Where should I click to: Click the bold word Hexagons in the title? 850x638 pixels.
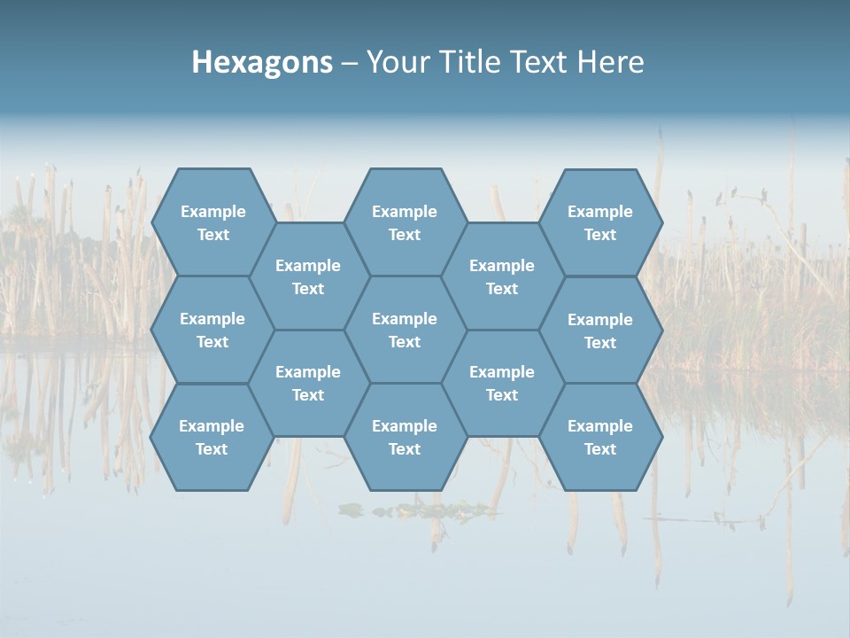262,62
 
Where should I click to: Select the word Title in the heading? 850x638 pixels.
470,62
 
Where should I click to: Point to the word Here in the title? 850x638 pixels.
610,62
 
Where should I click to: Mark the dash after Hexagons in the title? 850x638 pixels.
350,63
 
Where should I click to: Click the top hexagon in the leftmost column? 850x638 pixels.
212,222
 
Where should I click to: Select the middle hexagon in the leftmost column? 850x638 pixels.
212,330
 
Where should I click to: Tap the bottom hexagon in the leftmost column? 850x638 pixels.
212,437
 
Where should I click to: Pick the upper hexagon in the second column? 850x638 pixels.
308,276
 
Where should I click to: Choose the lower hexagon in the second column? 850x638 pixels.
308,383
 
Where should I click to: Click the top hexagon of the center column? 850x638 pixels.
405,222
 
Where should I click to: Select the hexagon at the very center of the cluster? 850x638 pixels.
405,330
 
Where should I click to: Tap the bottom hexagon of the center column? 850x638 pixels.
405,437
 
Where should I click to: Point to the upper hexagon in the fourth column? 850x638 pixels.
502,276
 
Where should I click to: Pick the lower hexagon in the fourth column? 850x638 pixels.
502,383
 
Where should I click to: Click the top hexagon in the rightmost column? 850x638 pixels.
600,222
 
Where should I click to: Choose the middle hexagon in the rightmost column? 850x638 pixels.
600,331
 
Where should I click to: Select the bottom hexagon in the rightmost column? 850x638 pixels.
600,437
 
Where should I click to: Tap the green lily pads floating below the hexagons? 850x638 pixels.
416,510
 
